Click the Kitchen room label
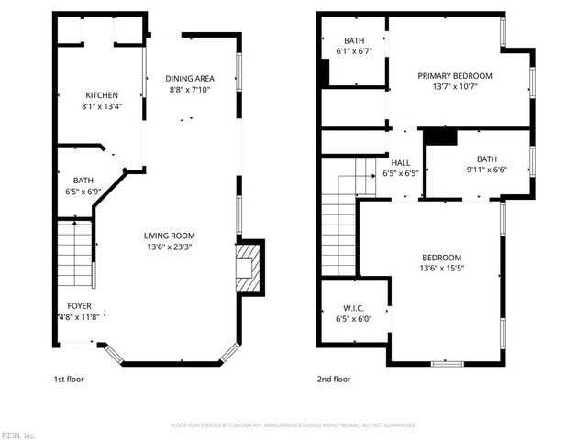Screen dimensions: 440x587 (101, 95)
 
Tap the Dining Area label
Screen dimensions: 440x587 (191, 78)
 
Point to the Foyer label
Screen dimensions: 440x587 (79, 306)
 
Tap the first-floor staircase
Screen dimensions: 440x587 (74, 255)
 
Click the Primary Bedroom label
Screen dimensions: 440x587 (455, 76)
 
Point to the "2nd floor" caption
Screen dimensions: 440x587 (334, 379)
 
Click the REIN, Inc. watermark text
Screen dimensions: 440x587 (18, 434)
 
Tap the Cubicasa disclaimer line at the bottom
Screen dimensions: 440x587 (293, 425)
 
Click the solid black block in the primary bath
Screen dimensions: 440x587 (325, 73)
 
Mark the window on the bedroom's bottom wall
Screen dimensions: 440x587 (445, 364)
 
